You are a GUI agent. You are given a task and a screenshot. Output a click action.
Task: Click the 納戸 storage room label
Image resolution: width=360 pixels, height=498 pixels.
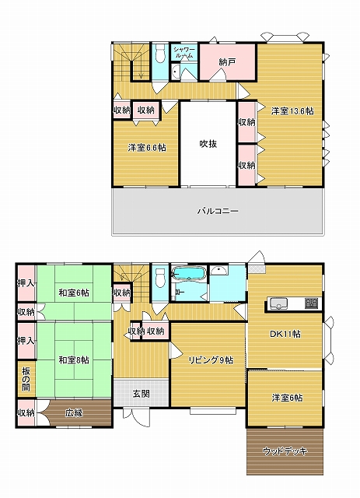(x=227, y=62)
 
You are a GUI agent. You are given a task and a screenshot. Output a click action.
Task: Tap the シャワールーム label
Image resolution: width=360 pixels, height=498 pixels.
(x=183, y=52)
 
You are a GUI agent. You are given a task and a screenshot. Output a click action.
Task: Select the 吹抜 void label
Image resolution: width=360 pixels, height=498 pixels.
(x=208, y=144)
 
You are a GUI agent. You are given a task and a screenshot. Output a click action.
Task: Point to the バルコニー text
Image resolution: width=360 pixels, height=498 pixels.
(x=218, y=211)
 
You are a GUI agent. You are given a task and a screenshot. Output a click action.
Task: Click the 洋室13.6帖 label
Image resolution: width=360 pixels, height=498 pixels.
(x=292, y=111)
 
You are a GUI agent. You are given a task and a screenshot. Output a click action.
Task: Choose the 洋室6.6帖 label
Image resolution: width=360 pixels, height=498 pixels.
(x=147, y=148)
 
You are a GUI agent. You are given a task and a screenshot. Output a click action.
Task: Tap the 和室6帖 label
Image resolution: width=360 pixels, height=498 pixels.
(x=74, y=293)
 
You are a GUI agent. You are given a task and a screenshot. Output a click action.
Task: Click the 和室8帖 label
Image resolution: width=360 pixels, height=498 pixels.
(x=74, y=360)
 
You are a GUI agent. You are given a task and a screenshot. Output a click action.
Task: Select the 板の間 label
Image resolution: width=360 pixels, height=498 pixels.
(x=26, y=379)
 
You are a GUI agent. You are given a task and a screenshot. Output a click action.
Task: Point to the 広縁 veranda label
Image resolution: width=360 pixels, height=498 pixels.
(x=75, y=412)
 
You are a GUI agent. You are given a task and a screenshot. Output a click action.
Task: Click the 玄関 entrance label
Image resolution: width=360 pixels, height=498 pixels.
(x=142, y=394)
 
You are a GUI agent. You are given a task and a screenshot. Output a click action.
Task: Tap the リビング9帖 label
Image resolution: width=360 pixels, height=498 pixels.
(x=211, y=360)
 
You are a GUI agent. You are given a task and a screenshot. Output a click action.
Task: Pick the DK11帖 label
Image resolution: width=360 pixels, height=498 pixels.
(x=285, y=334)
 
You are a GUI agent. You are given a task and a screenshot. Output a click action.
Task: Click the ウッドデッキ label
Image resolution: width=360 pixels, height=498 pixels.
(x=285, y=451)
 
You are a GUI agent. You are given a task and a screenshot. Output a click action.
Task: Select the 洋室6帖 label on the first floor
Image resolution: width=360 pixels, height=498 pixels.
(x=287, y=398)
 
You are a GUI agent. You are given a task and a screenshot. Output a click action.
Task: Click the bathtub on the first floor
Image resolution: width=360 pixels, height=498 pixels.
(x=189, y=274)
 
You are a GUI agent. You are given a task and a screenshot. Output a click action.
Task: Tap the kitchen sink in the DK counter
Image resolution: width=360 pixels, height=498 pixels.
(x=278, y=303)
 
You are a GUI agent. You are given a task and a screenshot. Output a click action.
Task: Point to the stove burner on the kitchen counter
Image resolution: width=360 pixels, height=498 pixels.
(x=312, y=303)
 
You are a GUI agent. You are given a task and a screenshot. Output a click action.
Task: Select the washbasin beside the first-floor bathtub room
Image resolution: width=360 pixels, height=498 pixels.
(x=219, y=271)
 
